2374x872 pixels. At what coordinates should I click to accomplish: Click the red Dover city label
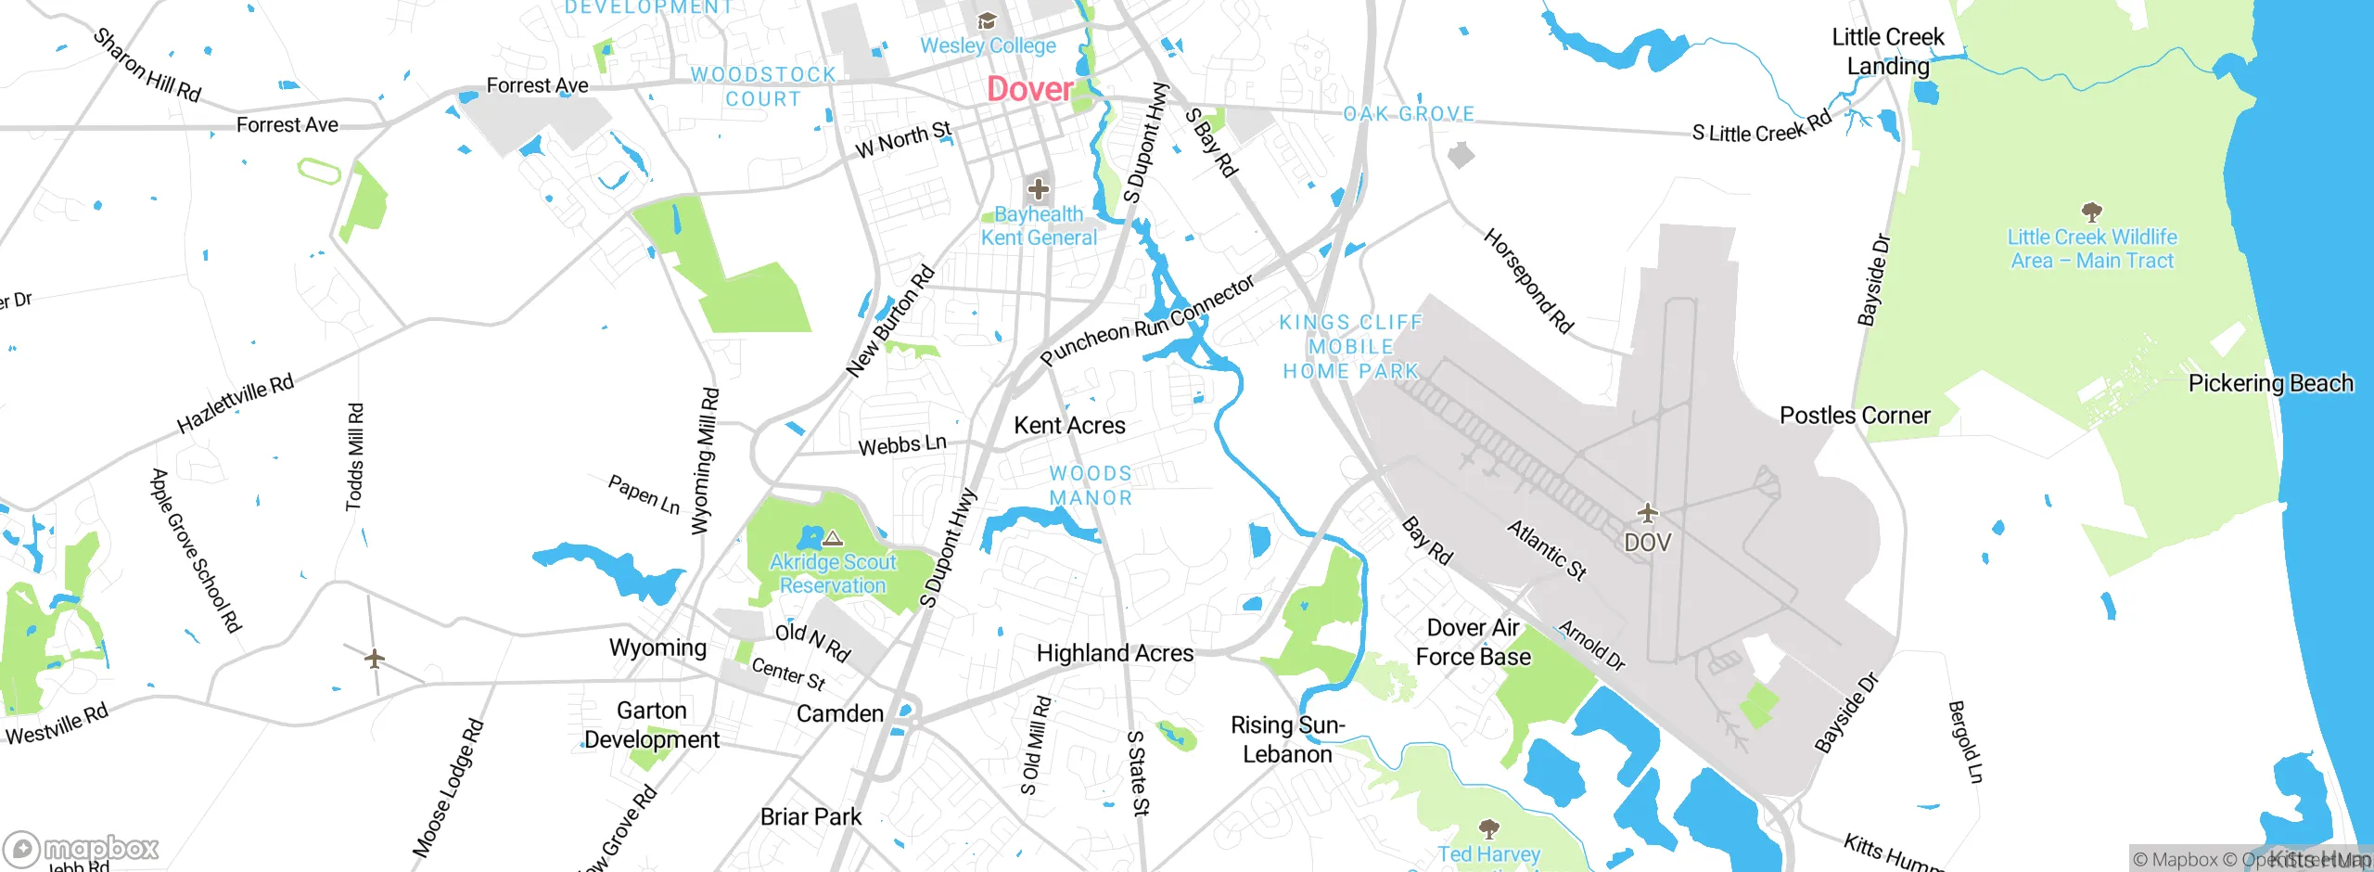(x=1029, y=90)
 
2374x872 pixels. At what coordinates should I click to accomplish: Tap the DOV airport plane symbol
(x=1647, y=513)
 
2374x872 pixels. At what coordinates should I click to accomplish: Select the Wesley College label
(x=988, y=45)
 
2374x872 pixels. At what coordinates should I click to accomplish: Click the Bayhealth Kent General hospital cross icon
(x=1038, y=190)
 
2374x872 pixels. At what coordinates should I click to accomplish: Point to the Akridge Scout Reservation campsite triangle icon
(x=833, y=538)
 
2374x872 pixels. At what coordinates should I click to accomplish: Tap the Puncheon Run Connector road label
(x=1147, y=321)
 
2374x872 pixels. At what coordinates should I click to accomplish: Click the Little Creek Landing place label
(x=1888, y=52)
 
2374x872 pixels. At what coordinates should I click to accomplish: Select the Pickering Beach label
(x=2270, y=384)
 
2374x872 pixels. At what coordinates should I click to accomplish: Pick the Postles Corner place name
(x=1855, y=416)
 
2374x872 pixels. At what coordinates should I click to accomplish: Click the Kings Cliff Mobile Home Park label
(x=1351, y=347)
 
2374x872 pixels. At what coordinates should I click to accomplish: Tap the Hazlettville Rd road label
(x=235, y=404)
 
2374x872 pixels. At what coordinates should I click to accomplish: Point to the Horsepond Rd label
(x=1527, y=281)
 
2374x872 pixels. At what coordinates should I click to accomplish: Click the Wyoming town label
(x=657, y=648)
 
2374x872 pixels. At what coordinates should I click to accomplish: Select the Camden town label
(x=839, y=714)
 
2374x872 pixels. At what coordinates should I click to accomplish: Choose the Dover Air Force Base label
(x=1473, y=643)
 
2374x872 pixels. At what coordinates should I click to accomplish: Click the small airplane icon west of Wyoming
(x=375, y=660)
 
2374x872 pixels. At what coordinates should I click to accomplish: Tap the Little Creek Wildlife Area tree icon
(x=2091, y=212)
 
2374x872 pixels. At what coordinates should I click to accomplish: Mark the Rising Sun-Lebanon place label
(x=1287, y=739)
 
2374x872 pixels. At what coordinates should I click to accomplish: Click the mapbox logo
(x=82, y=849)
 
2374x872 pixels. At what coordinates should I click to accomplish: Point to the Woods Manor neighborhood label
(x=1091, y=486)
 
